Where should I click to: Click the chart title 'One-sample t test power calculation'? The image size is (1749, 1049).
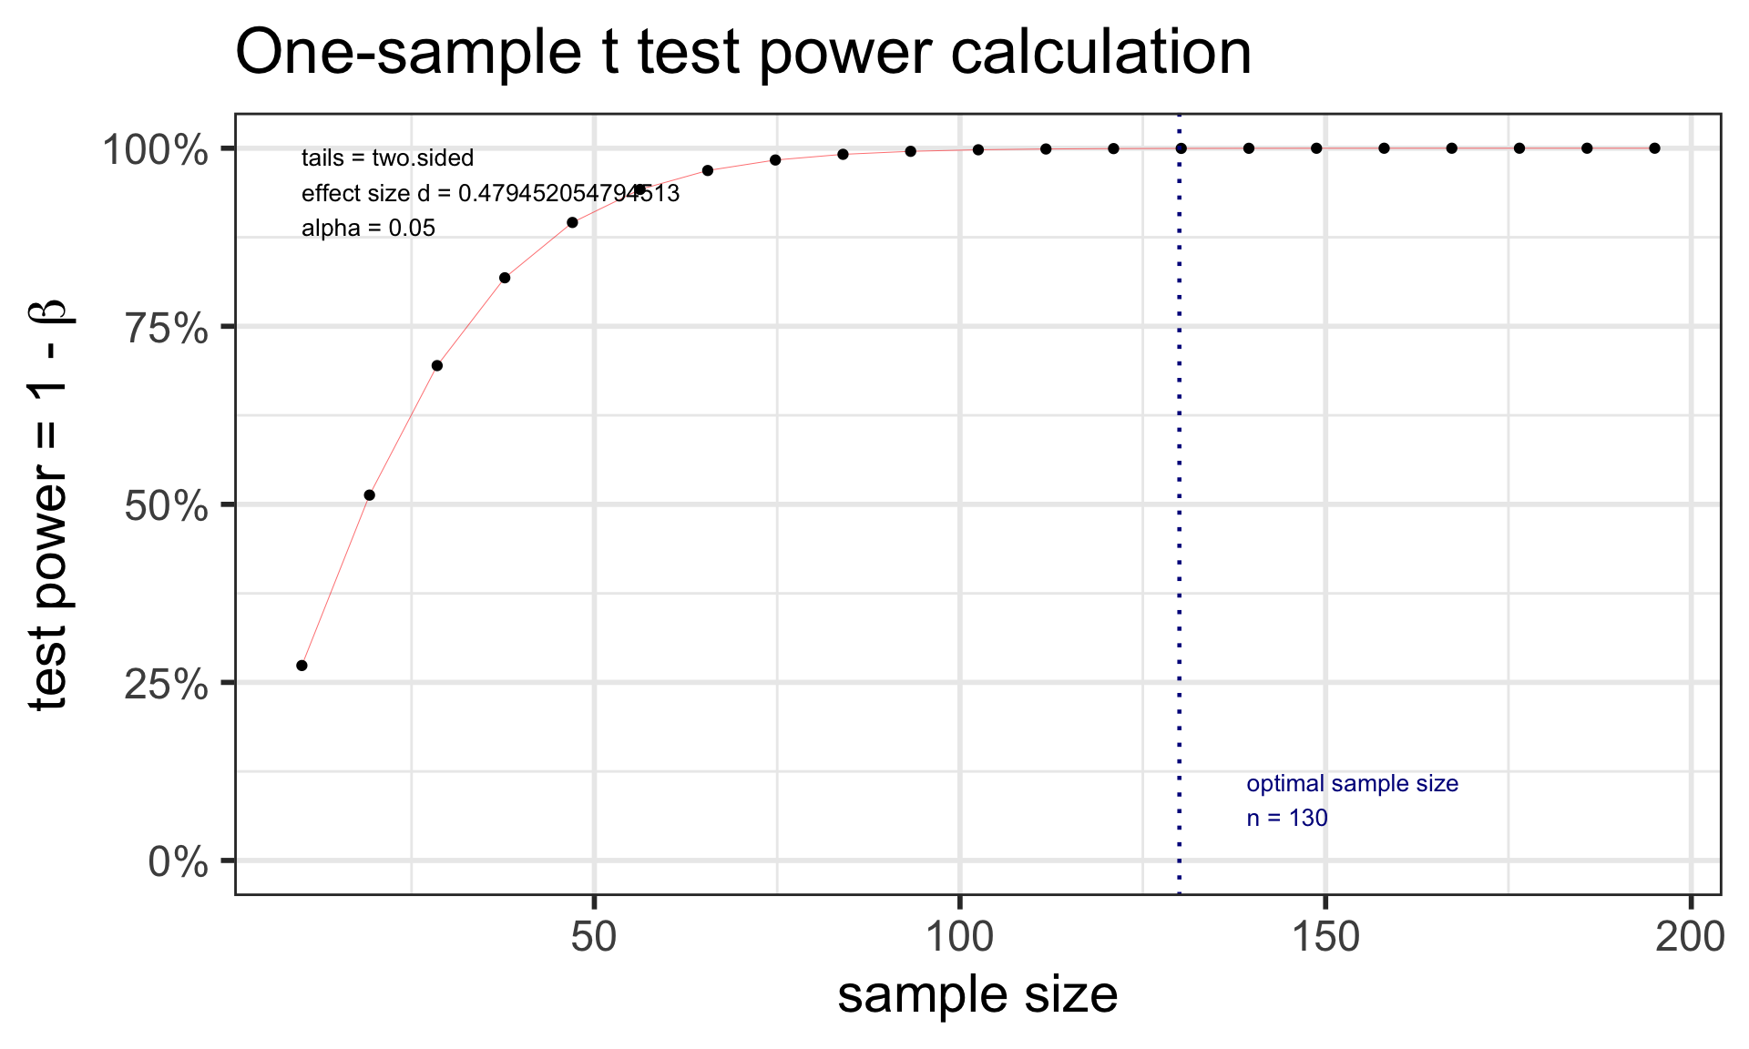(742, 53)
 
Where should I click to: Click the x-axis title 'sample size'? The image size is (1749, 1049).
(977, 994)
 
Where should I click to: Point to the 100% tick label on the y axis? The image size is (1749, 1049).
(156, 149)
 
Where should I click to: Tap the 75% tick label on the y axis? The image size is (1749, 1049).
(167, 327)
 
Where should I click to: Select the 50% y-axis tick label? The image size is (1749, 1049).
(167, 505)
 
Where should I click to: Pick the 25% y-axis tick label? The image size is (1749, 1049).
(167, 683)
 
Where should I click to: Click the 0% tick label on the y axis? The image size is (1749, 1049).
(179, 861)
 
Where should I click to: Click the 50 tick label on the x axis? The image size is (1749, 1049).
(595, 937)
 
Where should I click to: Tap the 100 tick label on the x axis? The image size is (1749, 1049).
(960, 937)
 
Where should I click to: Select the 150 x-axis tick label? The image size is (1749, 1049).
(1325, 937)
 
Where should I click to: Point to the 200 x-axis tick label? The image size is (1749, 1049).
(1690, 937)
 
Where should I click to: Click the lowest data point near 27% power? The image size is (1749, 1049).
(302, 666)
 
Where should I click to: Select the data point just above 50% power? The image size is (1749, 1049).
(370, 495)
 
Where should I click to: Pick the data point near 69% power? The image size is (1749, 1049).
(437, 366)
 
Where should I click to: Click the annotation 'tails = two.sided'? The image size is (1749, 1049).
(387, 158)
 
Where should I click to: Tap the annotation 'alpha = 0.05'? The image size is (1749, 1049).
(368, 229)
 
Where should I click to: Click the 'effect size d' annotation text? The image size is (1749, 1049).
(490, 194)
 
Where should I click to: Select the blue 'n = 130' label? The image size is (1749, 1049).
(1286, 819)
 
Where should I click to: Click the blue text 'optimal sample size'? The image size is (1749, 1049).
(1352, 784)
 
